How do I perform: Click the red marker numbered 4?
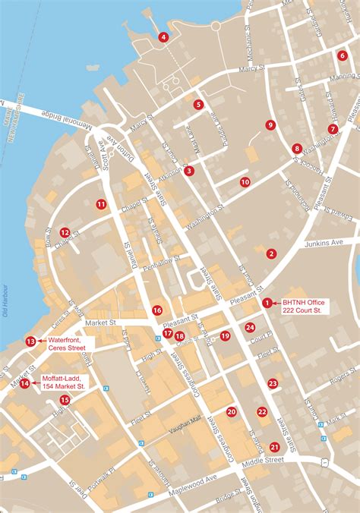point(163,36)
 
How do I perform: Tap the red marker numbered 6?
point(343,55)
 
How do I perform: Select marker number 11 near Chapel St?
point(101,204)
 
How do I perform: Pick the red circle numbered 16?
point(156,310)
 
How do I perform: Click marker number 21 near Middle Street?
point(274,448)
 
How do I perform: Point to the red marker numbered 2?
point(271,253)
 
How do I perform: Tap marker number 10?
point(245,182)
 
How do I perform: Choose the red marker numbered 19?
point(225,336)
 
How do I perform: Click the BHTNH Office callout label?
point(302,307)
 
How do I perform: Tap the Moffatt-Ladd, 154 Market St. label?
point(64,382)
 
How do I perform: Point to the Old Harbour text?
point(5,301)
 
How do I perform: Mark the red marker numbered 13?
point(30,341)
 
